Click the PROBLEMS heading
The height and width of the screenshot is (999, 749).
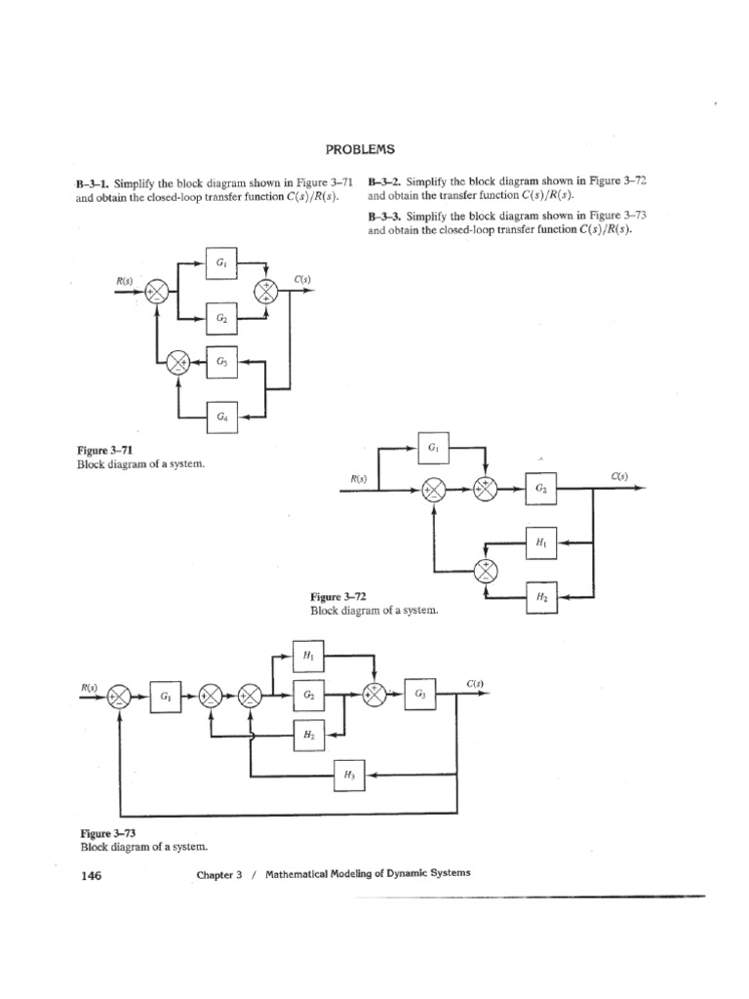point(360,149)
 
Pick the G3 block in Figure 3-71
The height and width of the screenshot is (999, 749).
point(222,362)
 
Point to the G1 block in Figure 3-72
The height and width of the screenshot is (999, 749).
point(433,449)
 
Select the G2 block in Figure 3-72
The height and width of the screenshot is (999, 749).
point(541,490)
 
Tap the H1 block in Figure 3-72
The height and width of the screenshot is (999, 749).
point(541,542)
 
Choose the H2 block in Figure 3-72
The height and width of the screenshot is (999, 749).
point(541,595)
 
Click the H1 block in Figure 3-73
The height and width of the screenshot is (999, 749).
point(308,657)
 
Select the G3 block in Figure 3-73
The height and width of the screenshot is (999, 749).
point(419,694)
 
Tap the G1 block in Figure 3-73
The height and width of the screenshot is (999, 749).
point(165,697)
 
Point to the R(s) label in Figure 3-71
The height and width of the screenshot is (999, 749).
point(125,281)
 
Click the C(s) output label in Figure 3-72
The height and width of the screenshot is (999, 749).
point(619,476)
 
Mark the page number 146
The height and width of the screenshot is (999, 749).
point(90,875)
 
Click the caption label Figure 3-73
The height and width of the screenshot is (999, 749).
point(107,834)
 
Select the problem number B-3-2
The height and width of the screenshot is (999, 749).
point(385,181)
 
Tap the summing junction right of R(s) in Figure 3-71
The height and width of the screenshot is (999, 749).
point(157,291)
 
